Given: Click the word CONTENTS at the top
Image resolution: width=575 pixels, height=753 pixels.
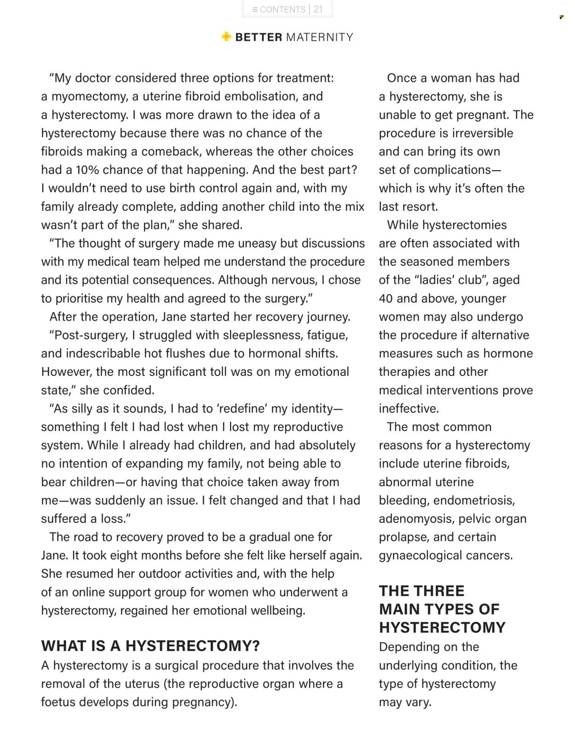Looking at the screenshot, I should [282, 9].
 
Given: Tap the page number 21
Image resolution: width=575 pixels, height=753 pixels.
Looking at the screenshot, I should [318, 9].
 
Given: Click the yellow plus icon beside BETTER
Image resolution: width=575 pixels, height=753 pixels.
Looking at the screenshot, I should [226, 37].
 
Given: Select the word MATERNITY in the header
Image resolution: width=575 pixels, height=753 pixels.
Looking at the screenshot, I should [320, 37].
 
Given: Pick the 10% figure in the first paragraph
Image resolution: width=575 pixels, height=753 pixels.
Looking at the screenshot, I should [87, 170].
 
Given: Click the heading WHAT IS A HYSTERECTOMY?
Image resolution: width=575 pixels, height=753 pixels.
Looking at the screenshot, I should [150, 646].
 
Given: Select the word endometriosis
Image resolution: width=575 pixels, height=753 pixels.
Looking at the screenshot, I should [474, 500].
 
